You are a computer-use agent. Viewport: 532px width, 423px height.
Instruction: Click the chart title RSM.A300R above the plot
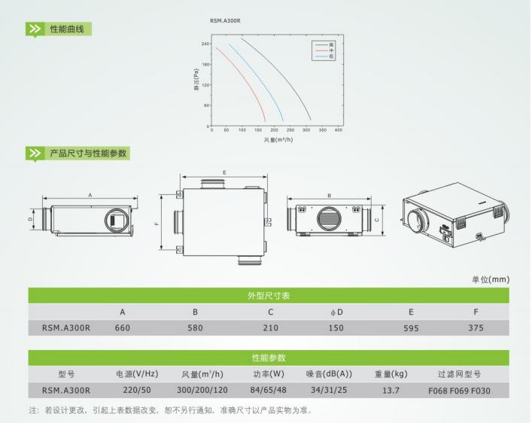pyautogui.click(x=225, y=21)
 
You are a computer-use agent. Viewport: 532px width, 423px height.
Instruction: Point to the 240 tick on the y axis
pyautogui.click(x=205, y=44)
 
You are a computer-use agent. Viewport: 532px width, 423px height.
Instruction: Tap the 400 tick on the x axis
pyautogui.click(x=339, y=130)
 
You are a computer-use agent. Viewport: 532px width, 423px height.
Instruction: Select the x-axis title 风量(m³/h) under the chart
pyautogui.click(x=278, y=139)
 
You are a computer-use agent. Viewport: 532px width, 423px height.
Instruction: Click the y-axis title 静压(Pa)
pyautogui.click(x=196, y=80)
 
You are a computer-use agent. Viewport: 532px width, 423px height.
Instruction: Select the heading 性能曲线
pyautogui.click(x=67, y=29)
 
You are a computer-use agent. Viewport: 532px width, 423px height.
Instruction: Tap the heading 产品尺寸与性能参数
pyautogui.click(x=88, y=153)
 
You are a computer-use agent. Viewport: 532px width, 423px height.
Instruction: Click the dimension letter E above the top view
pyautogui.click(x=224, y=172)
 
